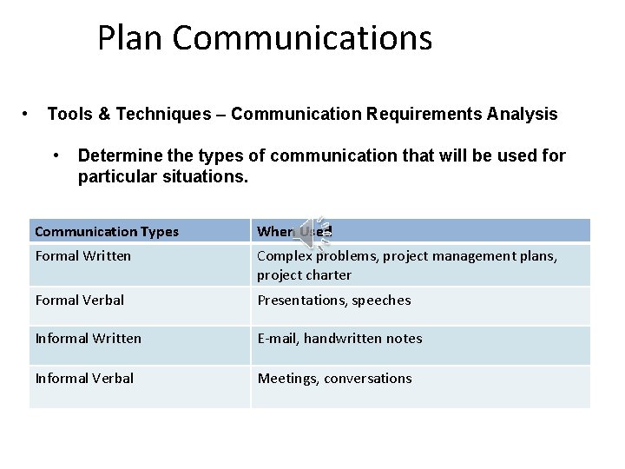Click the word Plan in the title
[130, 38]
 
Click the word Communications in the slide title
[301, 38]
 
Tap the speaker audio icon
[311, 232]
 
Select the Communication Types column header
[107, 232]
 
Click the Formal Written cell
[83, 256]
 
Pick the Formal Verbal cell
[80, 301]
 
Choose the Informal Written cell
[89, 339]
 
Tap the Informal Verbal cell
[85, 379]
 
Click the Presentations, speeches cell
[334, 301]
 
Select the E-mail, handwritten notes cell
[339, 339]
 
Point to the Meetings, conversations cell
[334, 379]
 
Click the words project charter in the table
[304, 275]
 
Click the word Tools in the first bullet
[67, 114]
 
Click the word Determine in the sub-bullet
[114, 156]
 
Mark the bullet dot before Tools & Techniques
[29, 114]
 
